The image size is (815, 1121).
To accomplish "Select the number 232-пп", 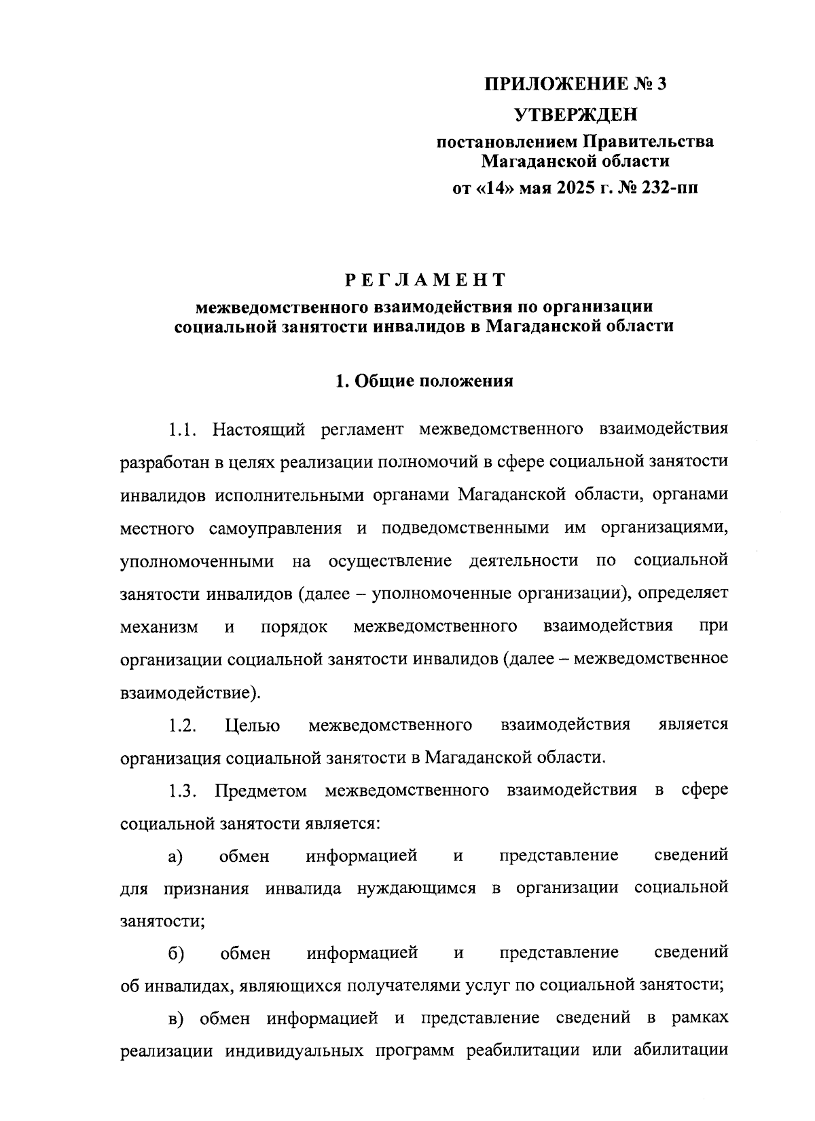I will [x=669, y=188].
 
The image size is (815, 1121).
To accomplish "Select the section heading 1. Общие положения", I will [x=424, y=381].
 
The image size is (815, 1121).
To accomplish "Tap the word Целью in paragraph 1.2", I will [x=252, y=725].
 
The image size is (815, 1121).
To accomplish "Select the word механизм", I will [x=159, y=627].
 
